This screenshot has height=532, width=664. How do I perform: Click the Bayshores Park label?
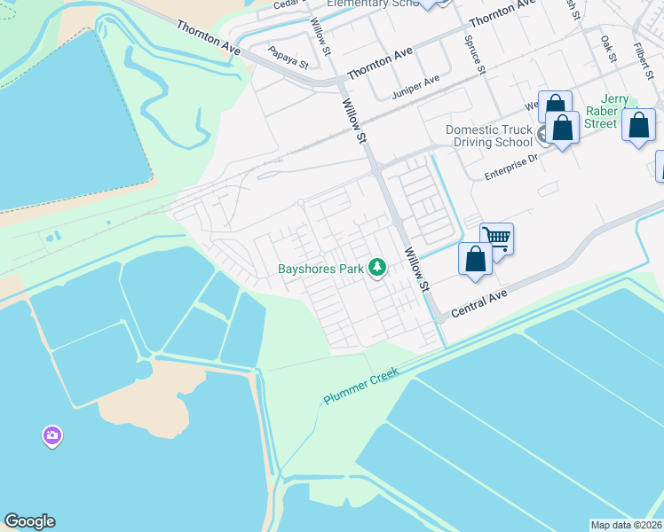[321, 268]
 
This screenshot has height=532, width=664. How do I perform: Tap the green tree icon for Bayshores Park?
[377, 267]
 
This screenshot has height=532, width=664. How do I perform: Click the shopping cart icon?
[497, 238]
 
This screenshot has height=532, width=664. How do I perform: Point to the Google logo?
[29, 521]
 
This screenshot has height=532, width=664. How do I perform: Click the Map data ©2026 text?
[627, 525]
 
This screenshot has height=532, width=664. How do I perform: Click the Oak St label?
[608, 50]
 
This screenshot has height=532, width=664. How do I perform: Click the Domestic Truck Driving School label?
[489, 136]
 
